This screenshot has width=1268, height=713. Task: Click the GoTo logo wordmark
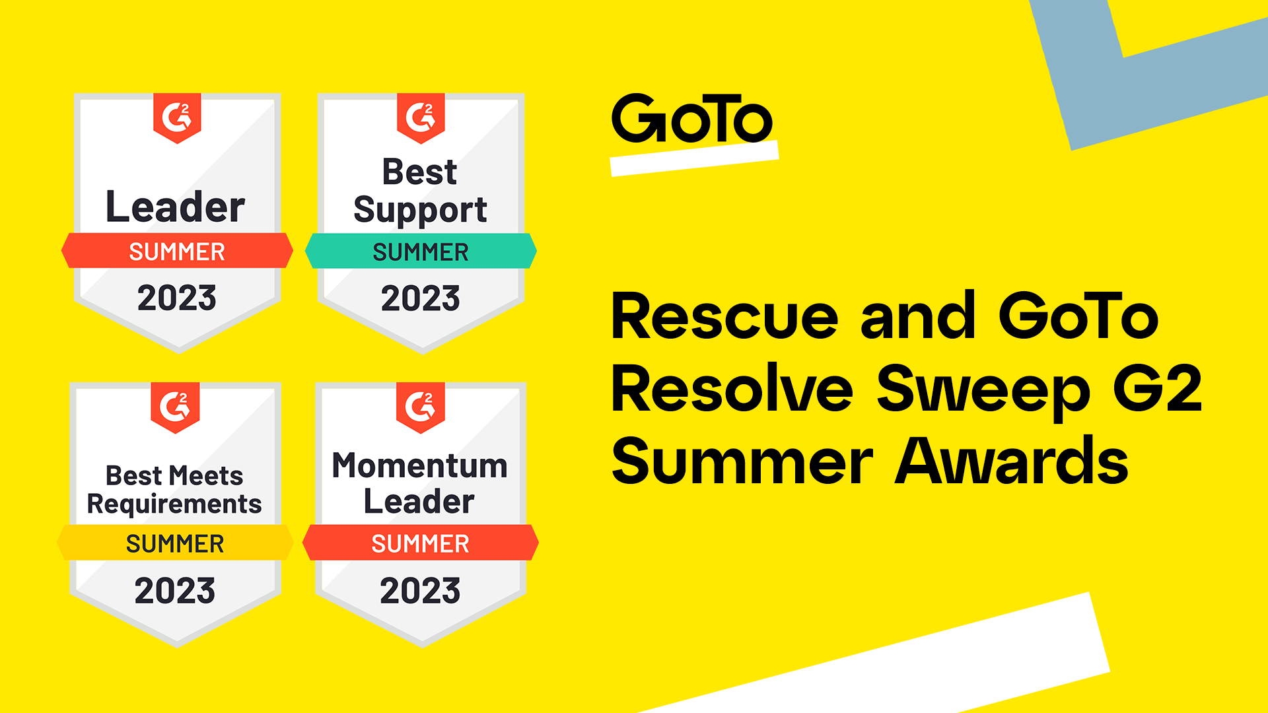pyautogui.click(x=691, y=118)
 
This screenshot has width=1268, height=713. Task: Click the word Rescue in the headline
pyautogui.click(x=725, y=317)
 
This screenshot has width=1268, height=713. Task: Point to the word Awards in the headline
pyautogui.click(x=1012, y=461)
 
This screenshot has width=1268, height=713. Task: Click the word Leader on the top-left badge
pyautogui.click(x=175, y=207)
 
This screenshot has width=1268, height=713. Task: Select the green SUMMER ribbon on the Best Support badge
pyautogui.click(x=421, y=251)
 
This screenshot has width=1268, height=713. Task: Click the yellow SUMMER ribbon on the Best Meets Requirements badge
pyautogui.click(x=175, y=543)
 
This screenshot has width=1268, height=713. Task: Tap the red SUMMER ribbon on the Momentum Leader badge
pyautogui.click(x=421, y=543)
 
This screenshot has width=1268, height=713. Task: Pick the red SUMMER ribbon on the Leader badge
pyautogui.click(x=177, y=250)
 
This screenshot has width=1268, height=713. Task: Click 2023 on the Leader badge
pyautogui.click(x=177, y=298)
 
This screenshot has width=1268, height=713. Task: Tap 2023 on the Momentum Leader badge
pyautogui.click(x=420, y=590)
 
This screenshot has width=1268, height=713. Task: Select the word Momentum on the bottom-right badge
pyautogui.click(x=420, y=465)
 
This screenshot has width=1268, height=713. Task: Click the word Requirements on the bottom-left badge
pyautogui.click(x=174, y=505)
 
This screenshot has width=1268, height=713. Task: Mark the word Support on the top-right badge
pyautogui.click(x=420, y=211)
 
